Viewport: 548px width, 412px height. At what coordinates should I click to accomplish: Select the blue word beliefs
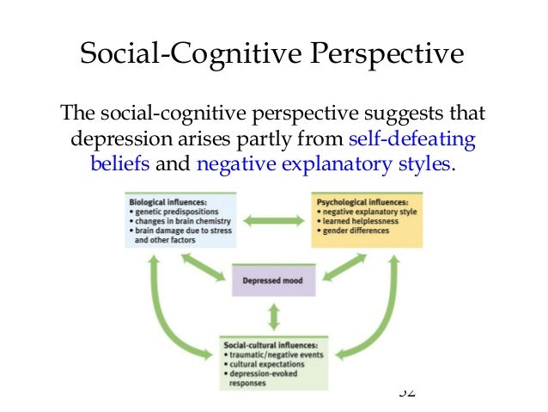(120, 163)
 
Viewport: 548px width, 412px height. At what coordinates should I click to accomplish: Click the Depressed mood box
(274, 280)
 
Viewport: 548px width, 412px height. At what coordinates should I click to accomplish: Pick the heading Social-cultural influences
(269, 344)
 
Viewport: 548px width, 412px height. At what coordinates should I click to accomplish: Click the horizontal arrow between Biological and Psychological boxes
(274, 221)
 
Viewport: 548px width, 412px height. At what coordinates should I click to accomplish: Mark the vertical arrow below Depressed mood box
(274, 317)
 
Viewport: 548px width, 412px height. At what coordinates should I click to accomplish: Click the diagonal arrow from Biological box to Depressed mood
(204, 267)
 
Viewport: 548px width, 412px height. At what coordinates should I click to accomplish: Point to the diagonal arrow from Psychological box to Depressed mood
(344, 267)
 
